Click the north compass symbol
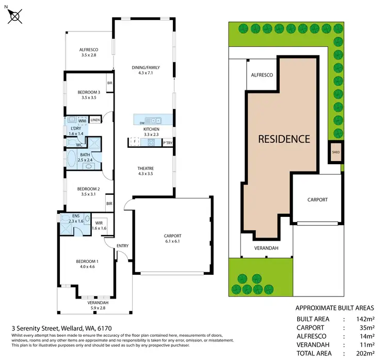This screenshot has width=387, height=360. coord(14,16)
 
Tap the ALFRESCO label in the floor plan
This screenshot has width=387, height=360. coord(89,50)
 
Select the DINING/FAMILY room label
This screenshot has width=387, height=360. coord(146,68)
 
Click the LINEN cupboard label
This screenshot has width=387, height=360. coord(95,120)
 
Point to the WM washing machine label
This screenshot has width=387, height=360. coord(82,121)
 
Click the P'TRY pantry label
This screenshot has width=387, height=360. coord(168,143)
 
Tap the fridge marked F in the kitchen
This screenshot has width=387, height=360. coord(135,142)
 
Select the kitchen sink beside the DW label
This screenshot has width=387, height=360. coord(153,120)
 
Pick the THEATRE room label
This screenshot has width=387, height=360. coord(146,168)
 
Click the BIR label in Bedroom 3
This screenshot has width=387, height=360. coord(110,83)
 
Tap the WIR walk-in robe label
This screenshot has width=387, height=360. coord(99,223)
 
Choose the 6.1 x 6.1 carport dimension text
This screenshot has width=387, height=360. coord(172,241)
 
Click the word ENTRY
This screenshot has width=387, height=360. coord(123,246)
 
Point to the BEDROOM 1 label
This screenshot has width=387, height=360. coord(87,261)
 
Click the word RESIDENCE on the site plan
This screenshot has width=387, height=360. coord(284,139)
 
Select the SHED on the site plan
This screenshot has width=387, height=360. coord(336,152)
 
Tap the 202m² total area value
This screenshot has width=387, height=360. coord(365,353)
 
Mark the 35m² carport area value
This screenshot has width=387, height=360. coord(367,327)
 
